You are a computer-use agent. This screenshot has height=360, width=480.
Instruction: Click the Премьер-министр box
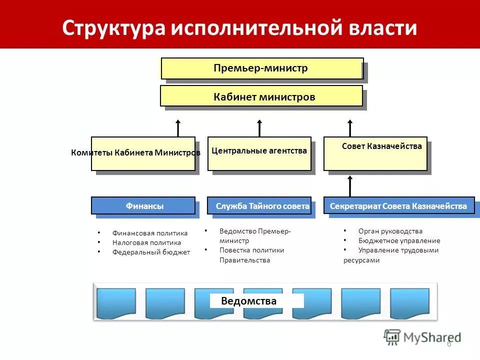pos(262,68)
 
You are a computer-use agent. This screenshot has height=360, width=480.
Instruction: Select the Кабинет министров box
pos(261,96)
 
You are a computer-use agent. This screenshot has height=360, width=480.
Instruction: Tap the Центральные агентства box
pos(259,153)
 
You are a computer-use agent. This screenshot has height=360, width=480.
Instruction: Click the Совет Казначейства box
pos(375,153)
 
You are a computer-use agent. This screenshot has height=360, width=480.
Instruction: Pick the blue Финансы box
pos(143,205)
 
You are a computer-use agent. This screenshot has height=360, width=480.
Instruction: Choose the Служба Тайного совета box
pos(259,205)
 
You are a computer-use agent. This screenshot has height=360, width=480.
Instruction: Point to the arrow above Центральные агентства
pos(259,128)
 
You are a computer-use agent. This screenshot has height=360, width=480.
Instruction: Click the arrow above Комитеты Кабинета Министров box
pos(178,128)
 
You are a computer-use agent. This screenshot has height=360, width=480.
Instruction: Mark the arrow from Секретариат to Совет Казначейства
pos(350,185)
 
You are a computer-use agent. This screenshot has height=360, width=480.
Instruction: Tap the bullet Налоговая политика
pos(146,242)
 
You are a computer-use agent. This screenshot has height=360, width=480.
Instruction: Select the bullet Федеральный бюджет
pos(151,252)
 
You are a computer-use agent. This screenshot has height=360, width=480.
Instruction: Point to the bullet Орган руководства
pos(390,231)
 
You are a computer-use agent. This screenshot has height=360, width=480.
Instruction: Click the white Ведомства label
pos(256,301)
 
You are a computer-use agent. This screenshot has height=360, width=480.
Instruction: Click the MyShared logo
pos(422,337)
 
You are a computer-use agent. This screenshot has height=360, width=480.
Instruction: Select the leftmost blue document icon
pos(115,303)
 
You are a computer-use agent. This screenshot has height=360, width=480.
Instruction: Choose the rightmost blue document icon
pos(409,303)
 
